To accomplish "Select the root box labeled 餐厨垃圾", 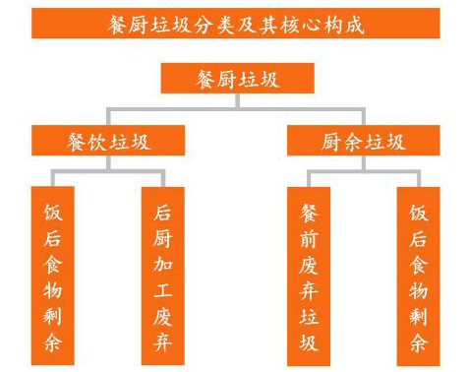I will (x=235, y=78).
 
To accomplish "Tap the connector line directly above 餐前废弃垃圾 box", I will (x=308, y=176).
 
